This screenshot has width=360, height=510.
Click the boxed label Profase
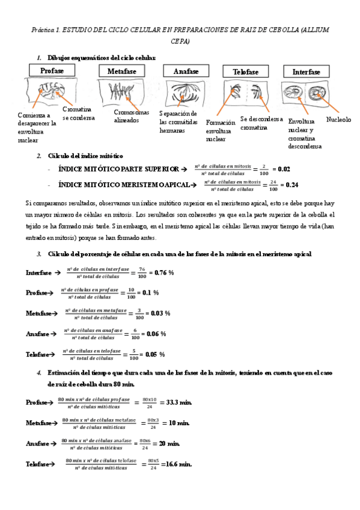click(x=53, y=71)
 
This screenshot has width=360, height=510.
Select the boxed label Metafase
click(x=122, y=72)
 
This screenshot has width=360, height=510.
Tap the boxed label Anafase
click(x=186, y=72)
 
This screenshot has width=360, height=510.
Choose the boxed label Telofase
click(x=245, y=72)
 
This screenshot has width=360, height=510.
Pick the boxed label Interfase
click(x=307, y=72)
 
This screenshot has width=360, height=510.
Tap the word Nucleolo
click(x=338, y=120)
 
